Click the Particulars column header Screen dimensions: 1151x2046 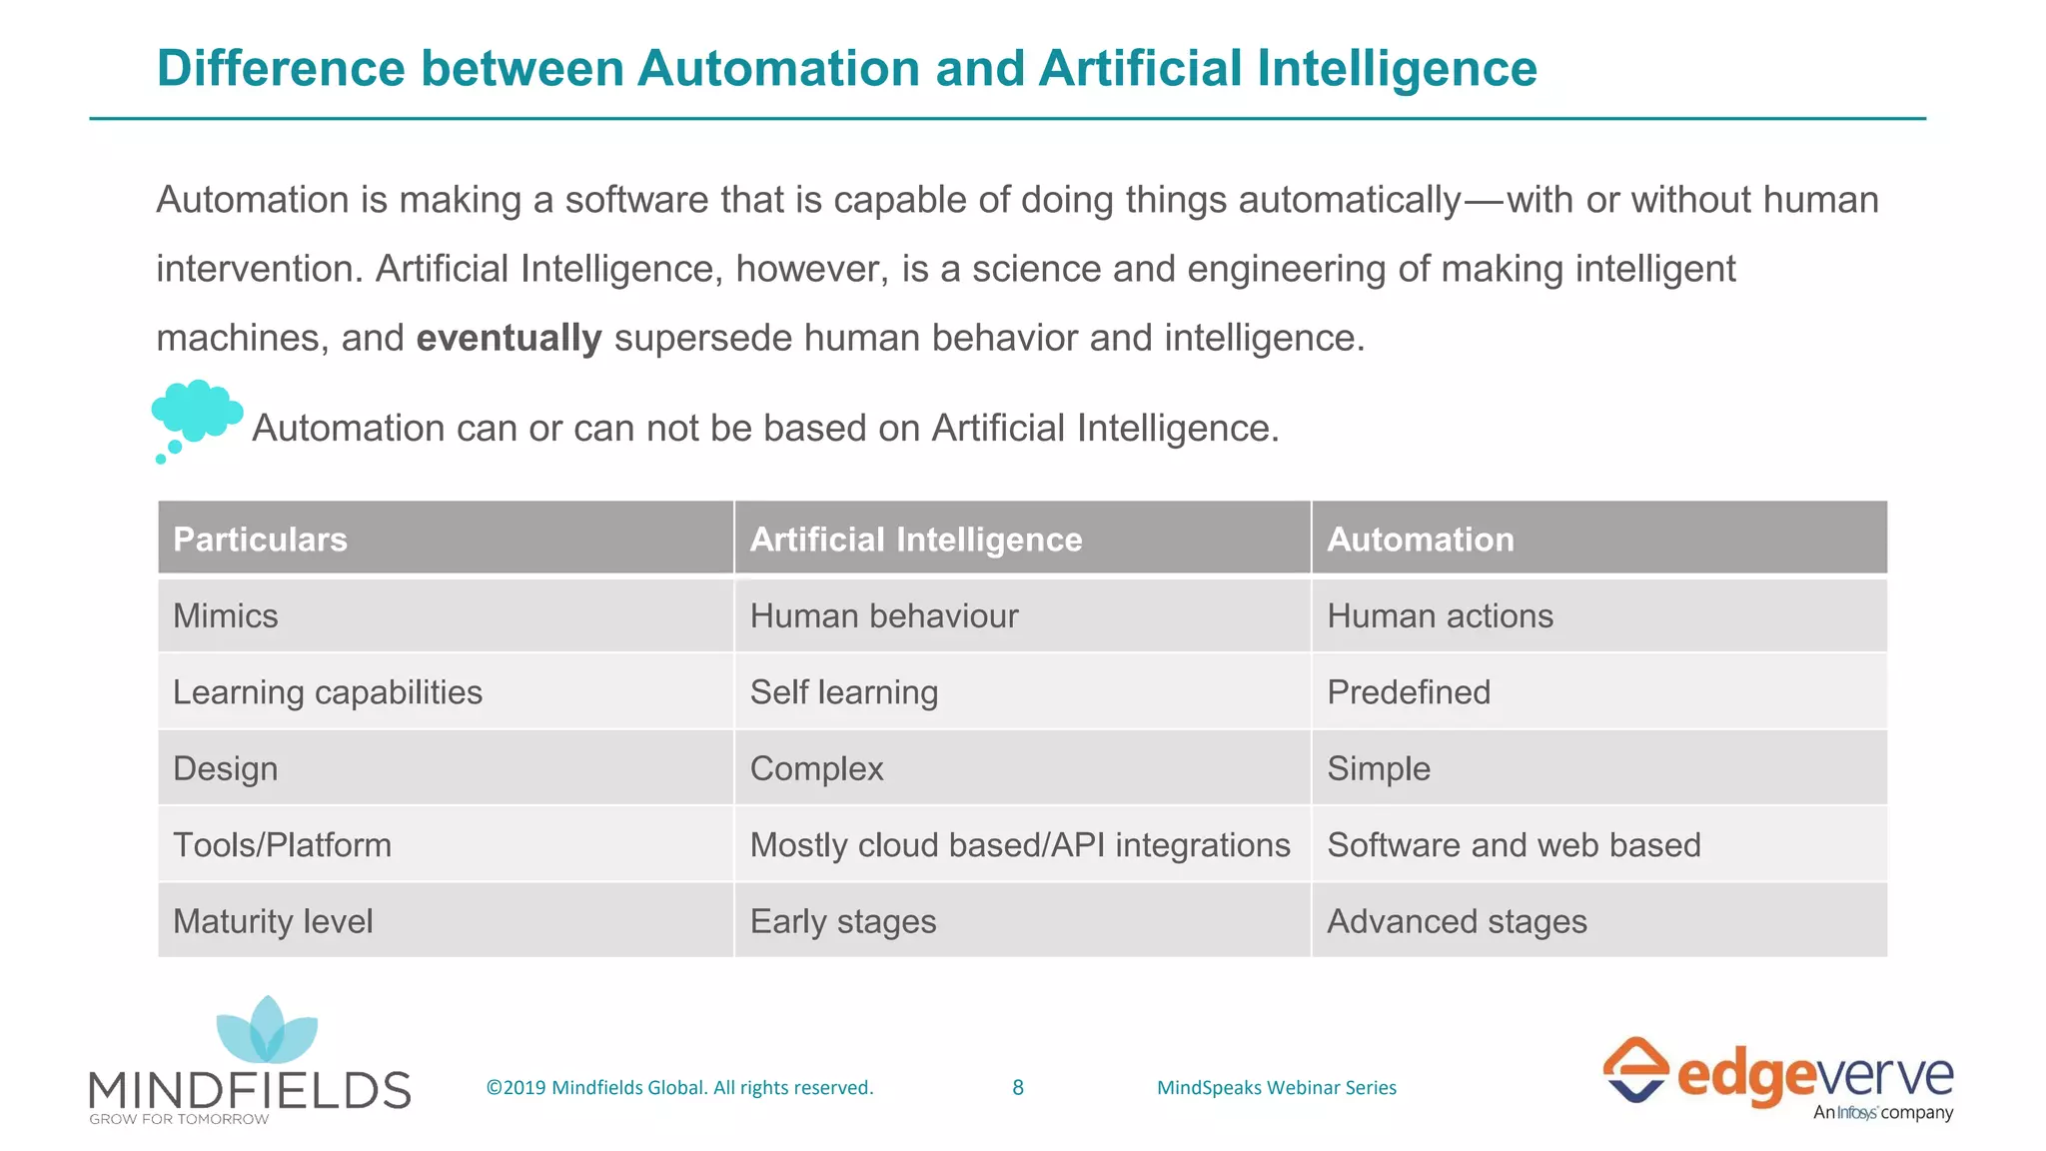pyautogui.click(x=260, y=540)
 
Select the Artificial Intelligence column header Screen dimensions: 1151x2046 pyautogui.click(x=915, y=540)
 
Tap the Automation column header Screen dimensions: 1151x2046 pyautogui.click(x=1420, y=540)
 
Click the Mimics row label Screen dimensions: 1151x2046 pyautogui.click(x=226, y=615)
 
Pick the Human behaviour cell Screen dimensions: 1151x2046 pyautogui.click(x=883, y=615)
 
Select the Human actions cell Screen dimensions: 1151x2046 pyautogui.click(x=1440, y=615)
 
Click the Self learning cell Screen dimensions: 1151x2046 pyautogui.click(x=843, y=691)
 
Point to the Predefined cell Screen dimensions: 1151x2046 pyautogui.click(x=1408, y=691)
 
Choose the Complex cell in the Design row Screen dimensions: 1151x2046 pyautogui.click(x=816, y=768)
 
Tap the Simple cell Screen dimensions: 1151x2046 pyautogui.click(x=1378, y=768)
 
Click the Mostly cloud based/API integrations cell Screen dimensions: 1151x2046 pyautogui.click(x=1019, y=845)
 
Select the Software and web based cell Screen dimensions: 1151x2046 pyautogui.click(x=1513, y=845)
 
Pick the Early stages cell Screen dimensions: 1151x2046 pyautogui.click(x=842, y=921)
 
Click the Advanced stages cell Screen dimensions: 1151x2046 pyautogui.click(x=1456, y=921)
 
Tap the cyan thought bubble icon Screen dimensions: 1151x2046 pyautogui.click(x=197, y=415)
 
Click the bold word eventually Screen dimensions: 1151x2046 pyautogui.click(x=509, y=338)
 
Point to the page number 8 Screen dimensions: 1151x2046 pyautogui.click(x=1017, y=1087)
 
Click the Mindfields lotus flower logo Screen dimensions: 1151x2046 pyautogui.click(x=267, y=1031)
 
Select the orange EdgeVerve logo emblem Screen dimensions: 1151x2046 pyautogui.click(x=1634, y=1069)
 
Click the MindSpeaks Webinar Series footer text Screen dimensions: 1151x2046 pyautogui.click(x=1276, y=1087)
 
